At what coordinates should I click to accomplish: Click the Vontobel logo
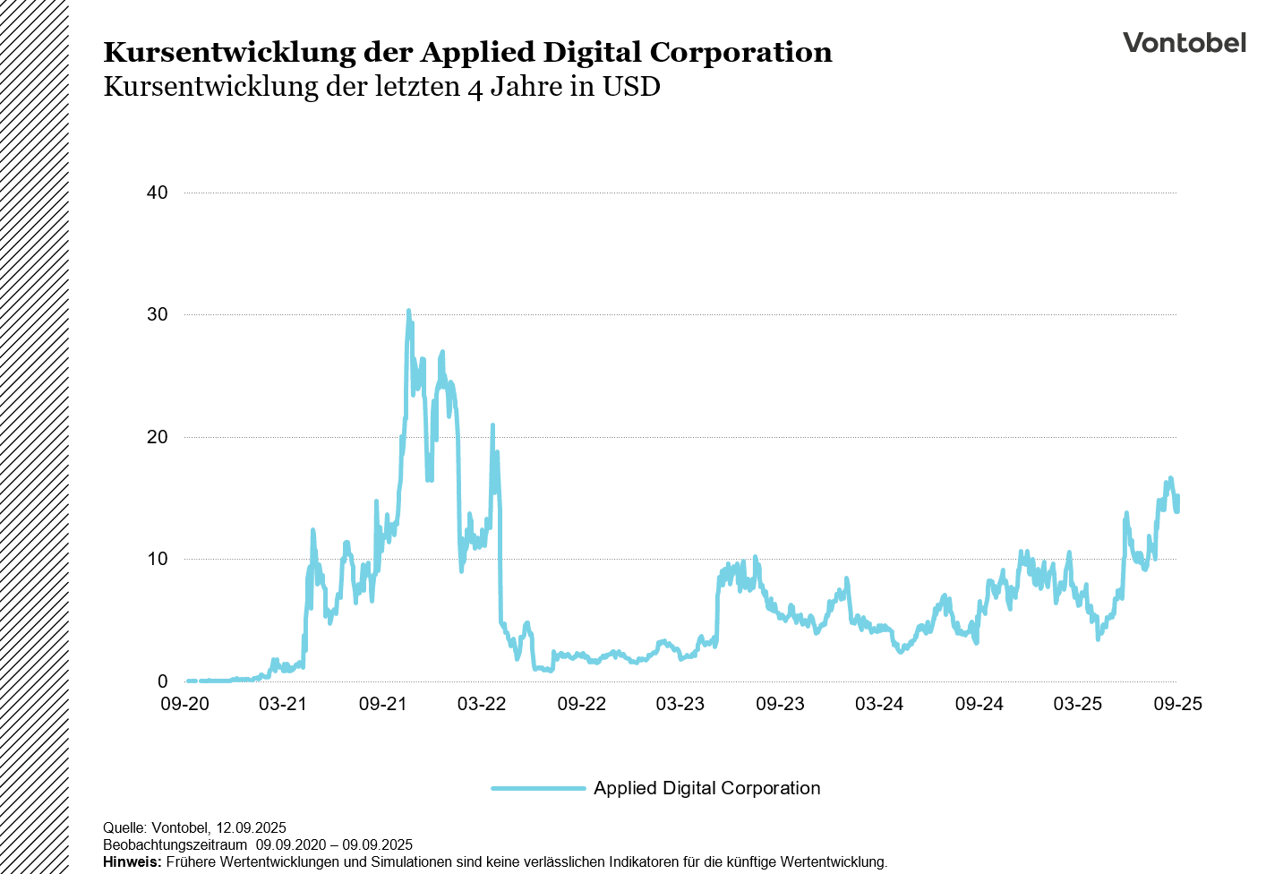[x=1184, y=43]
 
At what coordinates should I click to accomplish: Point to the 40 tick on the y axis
[x=158, y=193]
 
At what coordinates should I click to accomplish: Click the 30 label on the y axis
[x=158, y=314]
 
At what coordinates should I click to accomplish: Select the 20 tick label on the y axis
[x=158, y=437]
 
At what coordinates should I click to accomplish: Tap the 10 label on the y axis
[x=158, y=559]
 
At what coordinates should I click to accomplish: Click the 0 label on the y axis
[x=162, y=681]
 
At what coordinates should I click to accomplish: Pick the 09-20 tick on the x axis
[x=184, y=704]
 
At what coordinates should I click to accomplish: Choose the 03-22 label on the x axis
[x=482, y=704]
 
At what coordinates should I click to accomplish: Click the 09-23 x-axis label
[x=780, y=704]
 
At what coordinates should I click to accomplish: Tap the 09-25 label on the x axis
[x=1177, y=704]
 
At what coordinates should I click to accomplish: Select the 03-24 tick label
[x=879, y=704]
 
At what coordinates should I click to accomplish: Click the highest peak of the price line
[x=408, y=312]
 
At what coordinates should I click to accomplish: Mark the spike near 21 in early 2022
[x=492, y=425]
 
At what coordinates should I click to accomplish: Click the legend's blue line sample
[x=537, y=788]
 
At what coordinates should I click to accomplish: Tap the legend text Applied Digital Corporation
[x=706, y=788]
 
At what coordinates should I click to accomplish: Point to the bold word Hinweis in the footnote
[x=132, y=861]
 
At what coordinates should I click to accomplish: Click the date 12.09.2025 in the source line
[x=251, y=827]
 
